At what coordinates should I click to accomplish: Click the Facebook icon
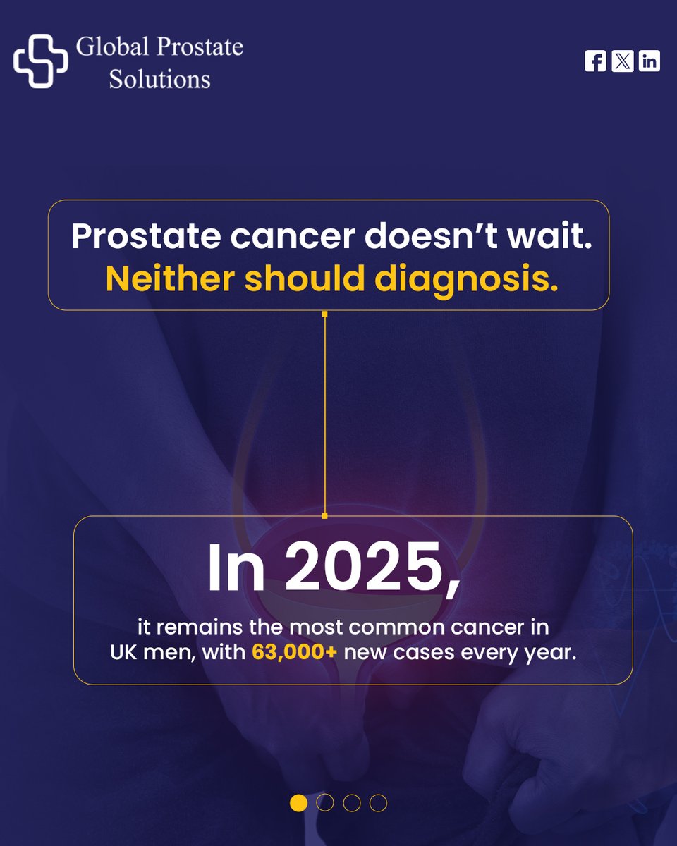click(595, 61)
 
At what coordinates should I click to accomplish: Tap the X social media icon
click(622, 61)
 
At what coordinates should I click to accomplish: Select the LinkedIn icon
click(649, 61)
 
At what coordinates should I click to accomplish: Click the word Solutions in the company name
click(159, 79)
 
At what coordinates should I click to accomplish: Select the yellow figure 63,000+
click(295, 652)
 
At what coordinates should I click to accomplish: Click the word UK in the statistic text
click(124, 652)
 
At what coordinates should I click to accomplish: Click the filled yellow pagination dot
click(298, 803)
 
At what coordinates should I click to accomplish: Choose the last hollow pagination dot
click(378, 803)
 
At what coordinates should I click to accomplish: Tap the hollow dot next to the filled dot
click(325, 803)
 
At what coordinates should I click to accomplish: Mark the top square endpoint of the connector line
click(324, 312)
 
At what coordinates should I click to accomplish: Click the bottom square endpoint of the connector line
click(324, 515)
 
